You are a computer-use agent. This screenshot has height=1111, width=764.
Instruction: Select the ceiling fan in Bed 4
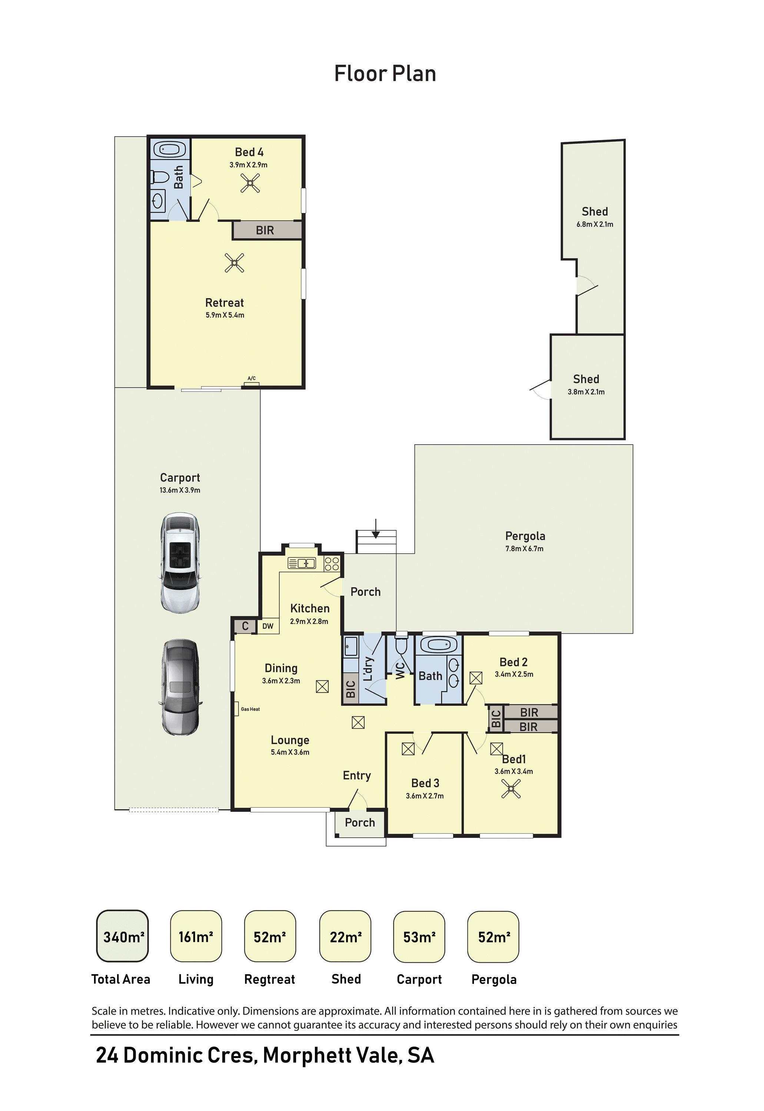pyautogui.click(x=250, y=183)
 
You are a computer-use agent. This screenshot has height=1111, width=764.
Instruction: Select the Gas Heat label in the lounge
pyautogui.click(x=250, y=709)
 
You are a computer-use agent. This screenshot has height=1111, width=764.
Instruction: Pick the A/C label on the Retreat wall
pyautogui.click(x=251, y=378)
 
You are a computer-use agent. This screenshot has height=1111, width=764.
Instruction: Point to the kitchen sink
pyautogui.click(x=302, y=563)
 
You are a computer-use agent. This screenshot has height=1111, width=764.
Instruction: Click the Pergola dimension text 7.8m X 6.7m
pyautogui.click(x=524, y=549)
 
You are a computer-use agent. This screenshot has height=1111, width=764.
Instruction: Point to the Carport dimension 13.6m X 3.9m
pyautogui.click(x=180, y=490)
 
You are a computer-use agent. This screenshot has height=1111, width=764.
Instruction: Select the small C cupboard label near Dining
pyautogui.click(x=245, y=626)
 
